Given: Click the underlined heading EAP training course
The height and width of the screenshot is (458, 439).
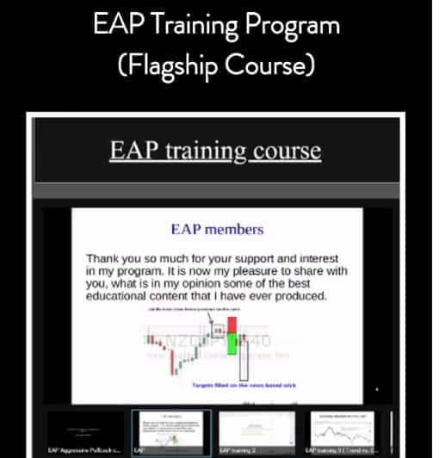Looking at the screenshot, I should coord(215,152).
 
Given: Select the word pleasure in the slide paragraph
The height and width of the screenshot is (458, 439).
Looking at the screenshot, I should coord(273,270).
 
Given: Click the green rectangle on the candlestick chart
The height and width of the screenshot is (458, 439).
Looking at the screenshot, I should coord(232,348).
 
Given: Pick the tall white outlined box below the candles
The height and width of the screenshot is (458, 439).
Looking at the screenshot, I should coord(244,360).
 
